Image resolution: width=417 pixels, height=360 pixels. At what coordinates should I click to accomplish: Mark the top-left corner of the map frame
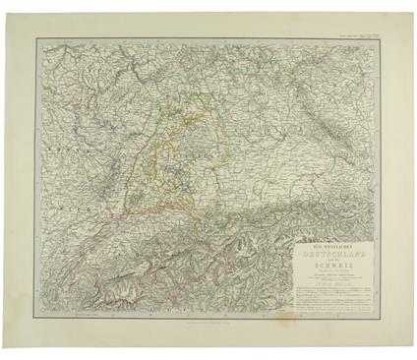click(37, 39)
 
